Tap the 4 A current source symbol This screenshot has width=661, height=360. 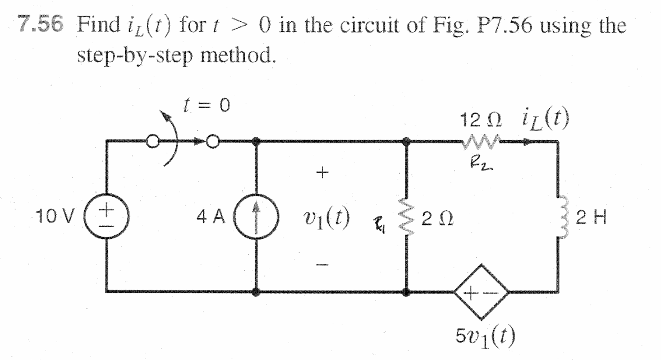pyautogui.click(x=256, y=218)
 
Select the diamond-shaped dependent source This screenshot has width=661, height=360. pyautogui.click(x=481, y=292)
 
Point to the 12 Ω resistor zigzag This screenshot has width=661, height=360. pyautogui.click(x=481, y=142)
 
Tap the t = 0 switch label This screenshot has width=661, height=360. pyautogui.click(x=206, y=105)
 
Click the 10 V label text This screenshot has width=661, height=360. pyautogui.click(x=56, y=217)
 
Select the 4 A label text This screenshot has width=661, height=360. pyautogui.click(x=212, y=217)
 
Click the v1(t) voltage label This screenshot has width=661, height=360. pyautogui.click(x=326, y=218)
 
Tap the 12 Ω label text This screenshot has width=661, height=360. pyautogui.click(x=481, y=121)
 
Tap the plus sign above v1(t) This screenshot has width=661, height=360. pyautogui.click(x=322, y=172)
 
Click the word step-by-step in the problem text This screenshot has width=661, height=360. pyautogui.click(x=135, y=55)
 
